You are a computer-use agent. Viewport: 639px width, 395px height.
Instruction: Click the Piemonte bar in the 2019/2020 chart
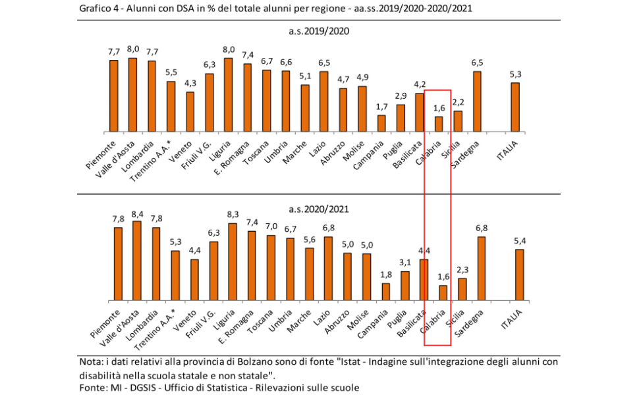pyautogui.click(x=113, y=95)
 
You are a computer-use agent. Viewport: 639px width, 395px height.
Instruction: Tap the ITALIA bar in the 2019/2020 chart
pyautogui.click(x=515, y=107)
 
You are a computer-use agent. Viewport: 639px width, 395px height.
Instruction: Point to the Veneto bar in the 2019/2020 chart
pyautogui.click(x=190, y=111)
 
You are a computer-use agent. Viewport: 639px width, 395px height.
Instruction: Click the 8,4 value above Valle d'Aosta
pyautogui.click(x=137, y=213)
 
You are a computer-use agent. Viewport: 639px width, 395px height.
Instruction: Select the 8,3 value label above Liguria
pyautogui.click(x=233, y=215)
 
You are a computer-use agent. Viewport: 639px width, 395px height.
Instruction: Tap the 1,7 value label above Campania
pyautogui.click(x=381, y=107)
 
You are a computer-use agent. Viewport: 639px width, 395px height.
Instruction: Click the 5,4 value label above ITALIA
pyautogui.click(x=520, y=242)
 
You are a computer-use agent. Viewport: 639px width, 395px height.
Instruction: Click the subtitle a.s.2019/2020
pyautogui.click(x=319, y=31)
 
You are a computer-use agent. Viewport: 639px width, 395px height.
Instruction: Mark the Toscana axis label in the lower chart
pyautogui.click(x=258, y=321)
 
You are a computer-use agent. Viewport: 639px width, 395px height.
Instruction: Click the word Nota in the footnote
pyautogui.click(x=90, y=361)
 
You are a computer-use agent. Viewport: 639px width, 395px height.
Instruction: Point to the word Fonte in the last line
pyautogui.click(x=92, y=388)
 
